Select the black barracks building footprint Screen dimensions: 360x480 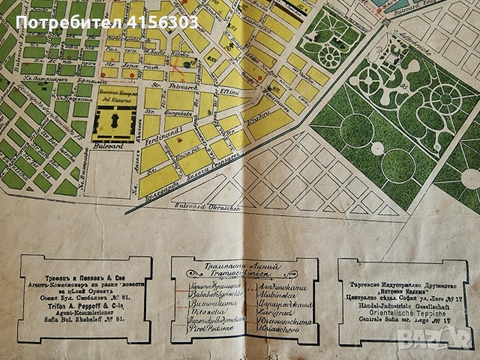pos(115,121)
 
